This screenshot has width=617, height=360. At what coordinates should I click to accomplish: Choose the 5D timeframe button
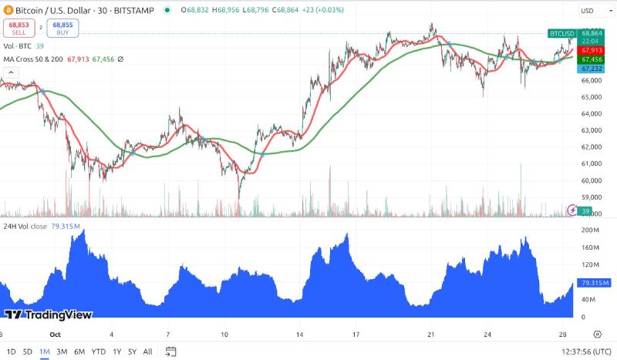click(x=28, y=352)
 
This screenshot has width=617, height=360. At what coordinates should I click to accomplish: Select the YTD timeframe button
click(x=98, y=352)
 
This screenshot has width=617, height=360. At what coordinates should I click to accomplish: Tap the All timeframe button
click(x=147, y=352)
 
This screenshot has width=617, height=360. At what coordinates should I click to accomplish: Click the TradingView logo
click(x=49, y=315)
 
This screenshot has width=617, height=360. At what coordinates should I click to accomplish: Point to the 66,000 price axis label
click(x=592, y=80)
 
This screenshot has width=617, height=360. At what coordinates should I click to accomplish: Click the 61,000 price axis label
click(x=592, y=163)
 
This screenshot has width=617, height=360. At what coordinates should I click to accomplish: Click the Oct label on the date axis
click(x=54, y=335)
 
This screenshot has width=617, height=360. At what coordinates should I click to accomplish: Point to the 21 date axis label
click(x=432, y=335)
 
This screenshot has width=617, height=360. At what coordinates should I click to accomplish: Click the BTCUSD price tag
click(x=561, y=33)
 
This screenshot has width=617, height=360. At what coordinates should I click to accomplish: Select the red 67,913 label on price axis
click(x=592, y=50)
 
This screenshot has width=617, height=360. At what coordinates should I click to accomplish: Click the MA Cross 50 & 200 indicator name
click(x=34, y=59)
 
